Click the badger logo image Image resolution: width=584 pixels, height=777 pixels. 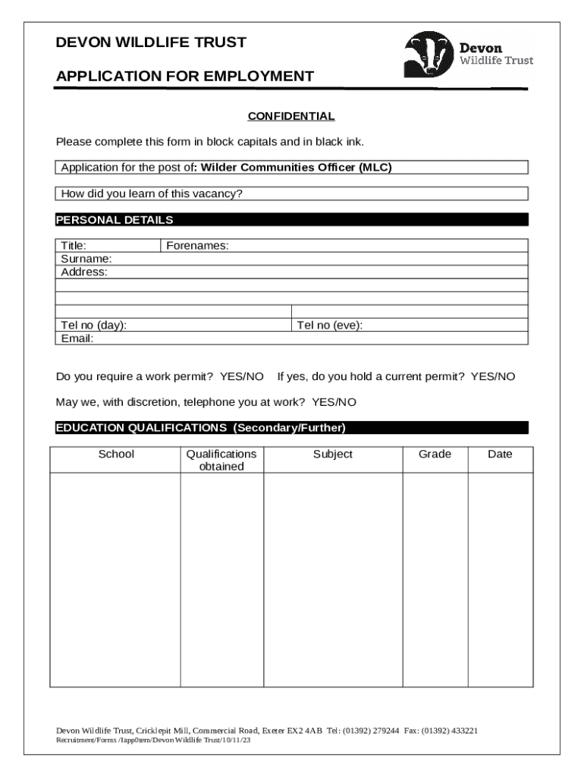(429, 55)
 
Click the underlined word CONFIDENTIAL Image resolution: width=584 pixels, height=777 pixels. (291, 116)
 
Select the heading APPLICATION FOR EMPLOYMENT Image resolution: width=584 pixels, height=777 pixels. (184, 76)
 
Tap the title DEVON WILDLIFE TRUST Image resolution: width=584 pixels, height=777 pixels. (151, 42)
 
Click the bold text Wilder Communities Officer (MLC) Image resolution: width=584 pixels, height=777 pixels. (296, 168)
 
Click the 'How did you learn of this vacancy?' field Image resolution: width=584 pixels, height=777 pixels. (291, 193)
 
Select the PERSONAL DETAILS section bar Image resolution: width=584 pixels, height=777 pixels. (291, 220)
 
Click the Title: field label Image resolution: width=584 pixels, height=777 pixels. (74, 246)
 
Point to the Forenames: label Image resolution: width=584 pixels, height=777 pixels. (197, 246)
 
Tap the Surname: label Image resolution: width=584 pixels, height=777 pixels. (86, 259)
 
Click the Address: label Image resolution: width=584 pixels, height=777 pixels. (84, 272)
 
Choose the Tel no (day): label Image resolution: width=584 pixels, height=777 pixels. (94, 326)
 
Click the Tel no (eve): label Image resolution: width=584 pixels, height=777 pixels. (330, 326)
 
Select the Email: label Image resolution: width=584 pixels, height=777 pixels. (77, 338)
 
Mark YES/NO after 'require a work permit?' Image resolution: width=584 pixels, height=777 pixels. (242, 376)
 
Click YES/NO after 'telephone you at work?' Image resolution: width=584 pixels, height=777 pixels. (334, 401)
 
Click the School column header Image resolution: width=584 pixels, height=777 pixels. (116, 454)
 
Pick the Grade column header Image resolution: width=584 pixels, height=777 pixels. (435, 454)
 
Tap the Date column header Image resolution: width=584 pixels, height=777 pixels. (500, 454)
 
